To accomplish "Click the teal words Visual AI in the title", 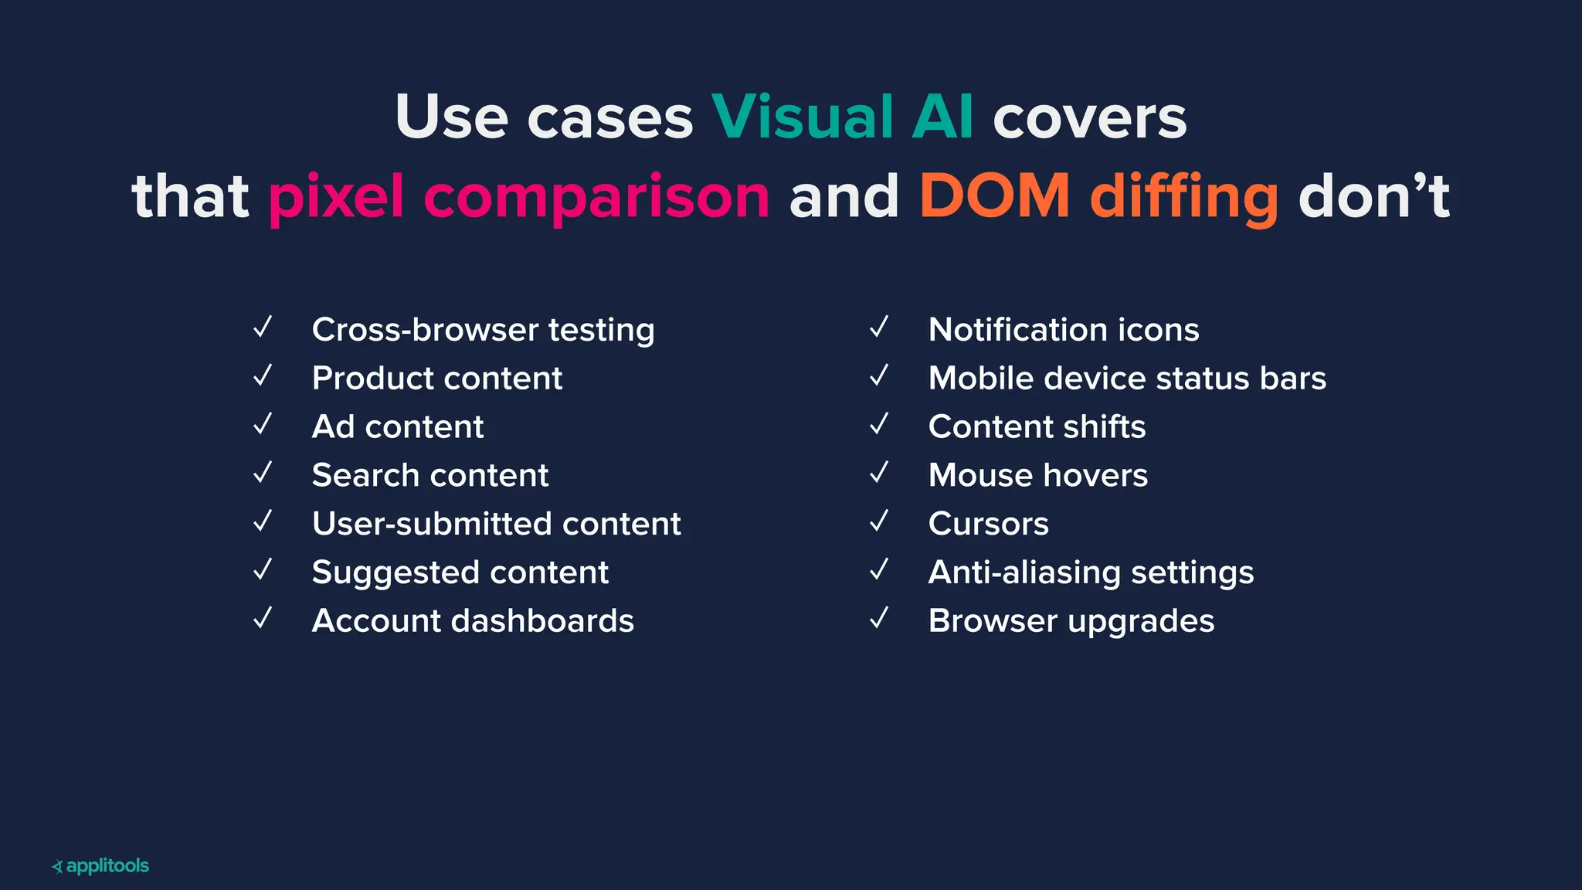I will [842, 117].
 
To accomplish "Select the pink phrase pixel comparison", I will [519, 196].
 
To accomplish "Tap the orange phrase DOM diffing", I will [1098, 196].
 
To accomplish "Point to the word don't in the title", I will [1374, 196].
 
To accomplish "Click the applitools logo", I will [100, 866].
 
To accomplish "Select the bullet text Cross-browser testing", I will [483, 330].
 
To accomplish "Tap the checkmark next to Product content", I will [263, 376].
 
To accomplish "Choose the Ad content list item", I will [398, 426].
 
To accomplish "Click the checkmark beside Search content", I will [263, 473].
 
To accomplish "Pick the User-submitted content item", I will [496, 524].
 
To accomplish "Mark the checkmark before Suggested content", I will [263, 570].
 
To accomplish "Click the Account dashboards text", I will [473, 621].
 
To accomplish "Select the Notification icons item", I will [1064, 330].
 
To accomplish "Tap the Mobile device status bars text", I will [1127, 379].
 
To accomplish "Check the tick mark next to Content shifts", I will [879, 425].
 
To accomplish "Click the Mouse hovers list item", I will [1037, 475].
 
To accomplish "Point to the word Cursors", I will [989, 524].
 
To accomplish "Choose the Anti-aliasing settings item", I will [1091, 572].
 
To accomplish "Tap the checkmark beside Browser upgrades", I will [879, 619].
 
